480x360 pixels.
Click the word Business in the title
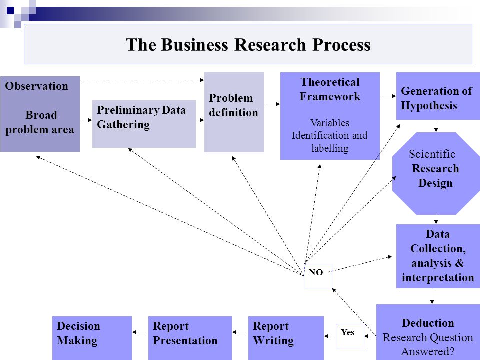[194, 45]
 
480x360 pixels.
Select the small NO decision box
[318, 276]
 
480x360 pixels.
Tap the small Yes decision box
[350, 336]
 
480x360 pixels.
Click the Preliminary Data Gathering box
[144, 124]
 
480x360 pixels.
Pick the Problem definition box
[234, 112]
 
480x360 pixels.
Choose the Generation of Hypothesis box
[438, 96]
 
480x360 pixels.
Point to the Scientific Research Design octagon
[436, 173]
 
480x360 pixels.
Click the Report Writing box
[286, 338]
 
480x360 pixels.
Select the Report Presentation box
[190, 338]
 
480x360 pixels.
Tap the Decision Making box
[92, 338]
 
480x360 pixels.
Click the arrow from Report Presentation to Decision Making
[138, 332]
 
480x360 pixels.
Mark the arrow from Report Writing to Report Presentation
[238, 332]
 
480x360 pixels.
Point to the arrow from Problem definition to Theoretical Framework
[272, 104]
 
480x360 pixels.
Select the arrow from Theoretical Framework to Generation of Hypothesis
[388, 96]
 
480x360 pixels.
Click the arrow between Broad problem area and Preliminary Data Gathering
[86, 120]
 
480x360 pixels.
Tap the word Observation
[36, 86]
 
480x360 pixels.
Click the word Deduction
[428, 323]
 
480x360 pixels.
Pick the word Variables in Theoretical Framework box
[330, 123]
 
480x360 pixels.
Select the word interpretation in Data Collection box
[438, 277]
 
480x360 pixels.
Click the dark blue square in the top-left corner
[10, 10]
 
